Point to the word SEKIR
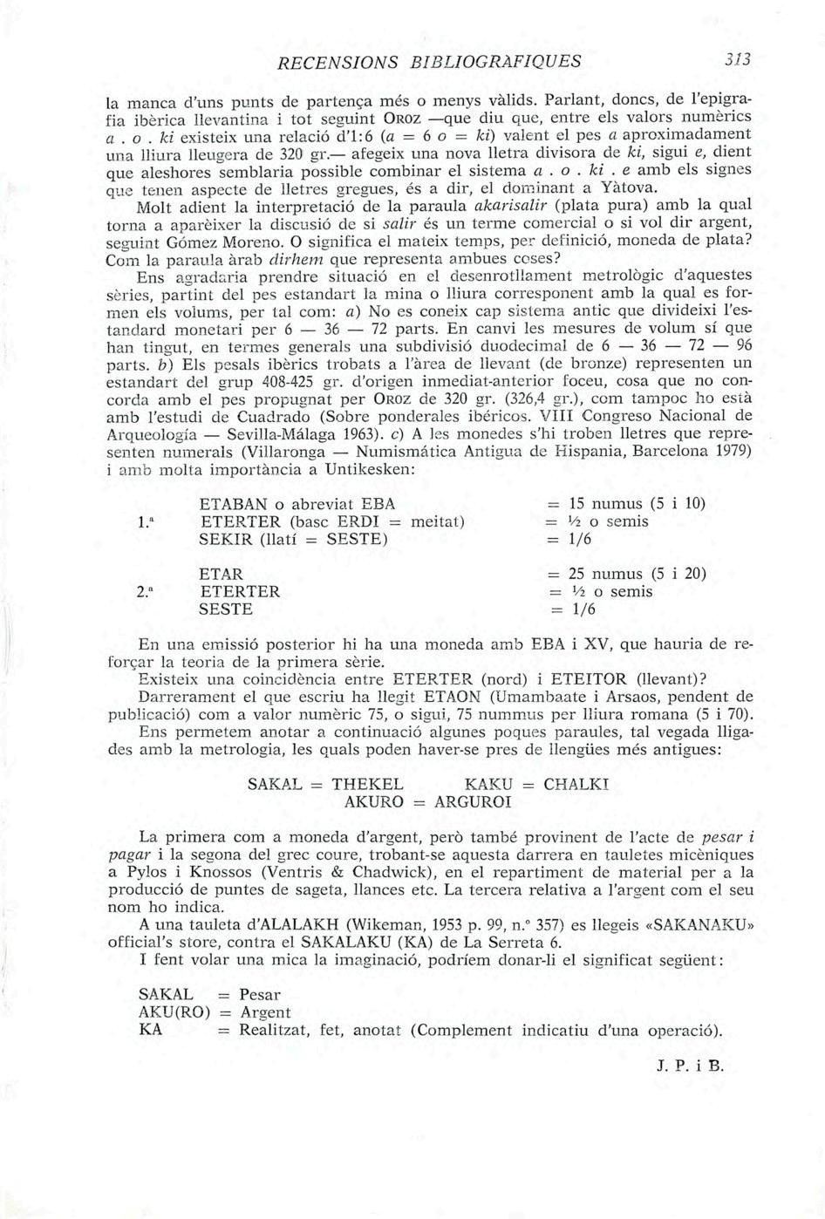(226, 540)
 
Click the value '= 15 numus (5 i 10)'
(625, 504)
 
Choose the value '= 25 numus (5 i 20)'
(625, 574)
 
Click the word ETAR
(221, 575)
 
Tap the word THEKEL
(367, 784)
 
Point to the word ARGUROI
(472, 802)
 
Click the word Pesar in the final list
(259, 995)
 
